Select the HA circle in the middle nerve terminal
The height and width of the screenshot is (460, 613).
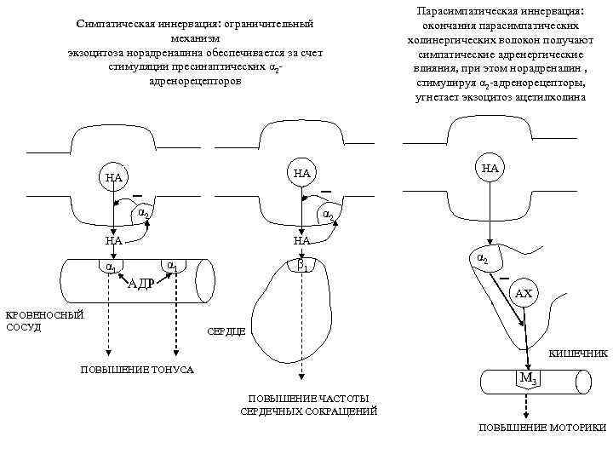302,173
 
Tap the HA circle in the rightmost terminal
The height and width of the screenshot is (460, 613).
490,169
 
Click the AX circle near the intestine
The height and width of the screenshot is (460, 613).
524,294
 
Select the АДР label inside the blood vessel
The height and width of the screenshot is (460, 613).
140,284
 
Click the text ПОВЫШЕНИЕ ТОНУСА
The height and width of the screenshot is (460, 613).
136,370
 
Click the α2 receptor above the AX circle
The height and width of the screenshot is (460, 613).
481,256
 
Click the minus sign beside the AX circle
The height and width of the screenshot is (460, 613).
505,279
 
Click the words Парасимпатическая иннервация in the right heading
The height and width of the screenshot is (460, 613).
499,13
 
